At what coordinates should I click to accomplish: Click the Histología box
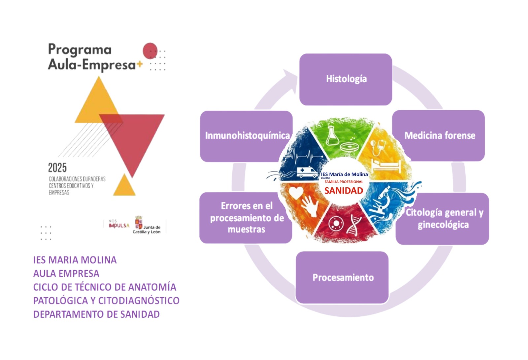click(x=346, y=79)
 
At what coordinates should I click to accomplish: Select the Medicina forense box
click(x=439, y=135)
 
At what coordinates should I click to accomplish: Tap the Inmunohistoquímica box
click(x=246, y=136)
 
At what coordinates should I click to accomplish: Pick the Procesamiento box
click(x=342, y=277)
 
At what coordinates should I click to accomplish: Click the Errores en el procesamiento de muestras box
click(x=246, y=218)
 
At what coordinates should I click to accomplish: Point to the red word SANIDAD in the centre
click(x=344, y=191)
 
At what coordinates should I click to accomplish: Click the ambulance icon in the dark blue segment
click(x=306, y=172)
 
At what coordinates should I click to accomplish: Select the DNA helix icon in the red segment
click(x=354, y=224)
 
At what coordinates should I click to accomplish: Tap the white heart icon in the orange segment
click(x=296, y=193)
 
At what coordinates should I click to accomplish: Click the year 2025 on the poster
click(x=57, y=168)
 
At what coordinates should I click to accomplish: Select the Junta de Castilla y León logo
click(x=147, y=226)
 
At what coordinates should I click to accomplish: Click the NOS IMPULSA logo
click(x=118, y=224)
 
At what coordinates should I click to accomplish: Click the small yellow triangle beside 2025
click(x=124, y=186)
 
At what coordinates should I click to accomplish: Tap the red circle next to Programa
click(x=150, y=51)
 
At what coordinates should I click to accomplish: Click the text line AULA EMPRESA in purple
click(x=66, y=273)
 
